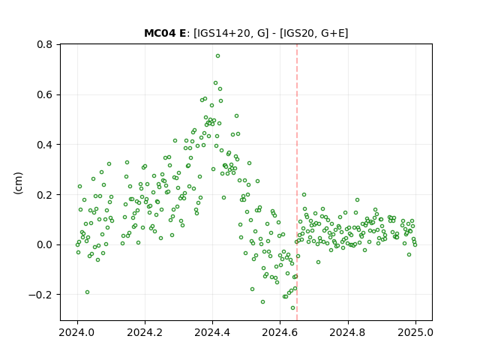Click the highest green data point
[217, 56]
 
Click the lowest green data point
[293, 308]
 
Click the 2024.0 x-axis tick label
[77, 332]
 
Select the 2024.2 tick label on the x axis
[145, 332]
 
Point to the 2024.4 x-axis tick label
[212, 332]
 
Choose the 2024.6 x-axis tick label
[280, 332]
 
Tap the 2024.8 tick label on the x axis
[348, 332]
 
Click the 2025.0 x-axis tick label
[415, 332]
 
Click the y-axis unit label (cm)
[18, 183]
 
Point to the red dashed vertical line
[297, 182]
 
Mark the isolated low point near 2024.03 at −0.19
[87, 292]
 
